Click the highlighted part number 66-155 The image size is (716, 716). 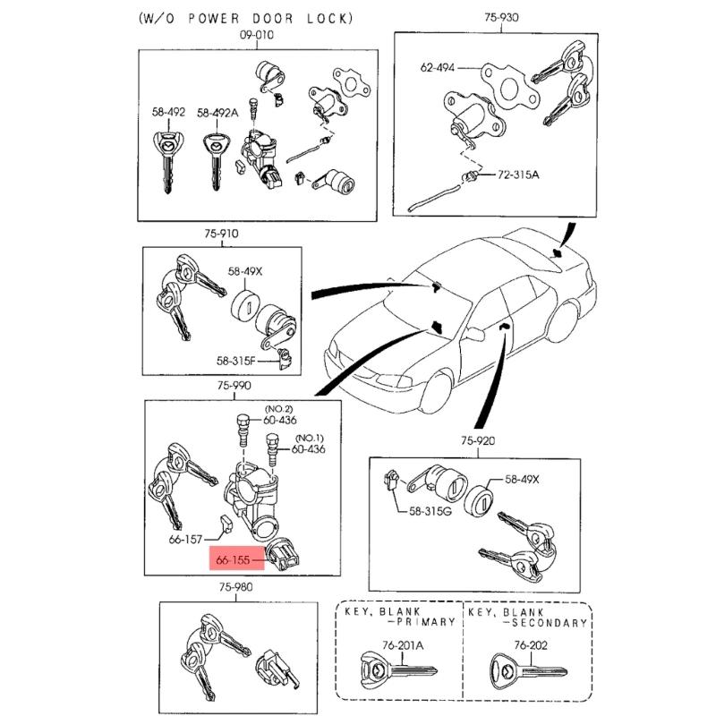coord(233,560)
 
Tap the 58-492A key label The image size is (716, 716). coord(217,113)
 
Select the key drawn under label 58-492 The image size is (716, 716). coord(168,161)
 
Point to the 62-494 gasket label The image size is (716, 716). coord(438,68)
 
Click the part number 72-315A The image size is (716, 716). coord(518,175)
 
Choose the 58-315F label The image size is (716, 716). coord(235,362)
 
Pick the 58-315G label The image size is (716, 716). coord(430,511)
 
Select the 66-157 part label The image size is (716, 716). coord(185,540)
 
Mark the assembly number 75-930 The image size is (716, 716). coord(502,17)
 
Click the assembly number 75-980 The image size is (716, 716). coord(235,587)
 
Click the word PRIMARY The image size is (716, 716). coord(427,622)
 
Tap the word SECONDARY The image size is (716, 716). coord(550,623)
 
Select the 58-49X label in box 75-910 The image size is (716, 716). coord(245,271)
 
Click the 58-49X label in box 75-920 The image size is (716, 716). coord(522,480)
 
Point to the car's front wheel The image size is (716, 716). coord(437,392)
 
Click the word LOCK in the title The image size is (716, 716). coord(329,18)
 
